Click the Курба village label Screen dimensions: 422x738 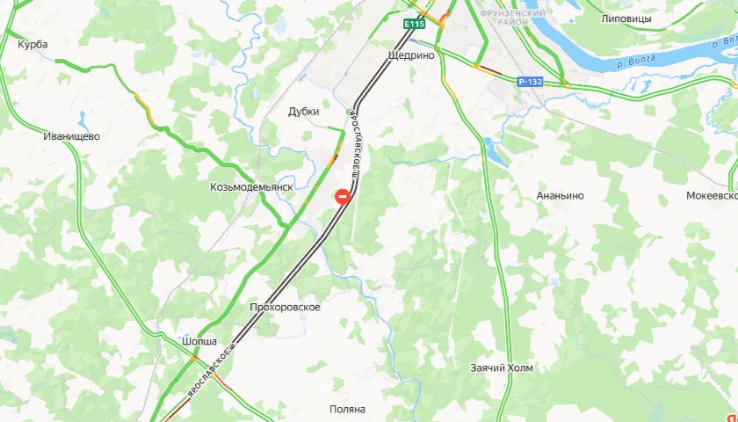pyautogui.click(x=33, y=44)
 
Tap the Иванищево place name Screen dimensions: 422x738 pyautogui.click(x=72, y=136)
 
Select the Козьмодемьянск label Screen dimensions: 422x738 pyautogui.click(x=250, y=187)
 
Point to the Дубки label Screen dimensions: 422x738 pyautogui.click(x=303, y=112)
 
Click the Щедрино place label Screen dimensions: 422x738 pyautogui.click(x=411, y=55)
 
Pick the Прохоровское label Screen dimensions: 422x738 pyautogui.click(x=285, y=307)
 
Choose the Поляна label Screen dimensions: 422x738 pyautogui.click(x=347, y=409)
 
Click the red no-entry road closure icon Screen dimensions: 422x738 pyautogui.click(x=341, y=198)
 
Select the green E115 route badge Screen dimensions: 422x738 pyautogui.click(x=414, y=25)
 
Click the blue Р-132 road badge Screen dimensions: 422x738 pyautogui.click(x=530, y=81)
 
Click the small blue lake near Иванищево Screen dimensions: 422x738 pyautogui.click(x=82, y=117)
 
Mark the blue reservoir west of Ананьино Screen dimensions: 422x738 pyautogui.click(x=496, y=155)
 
